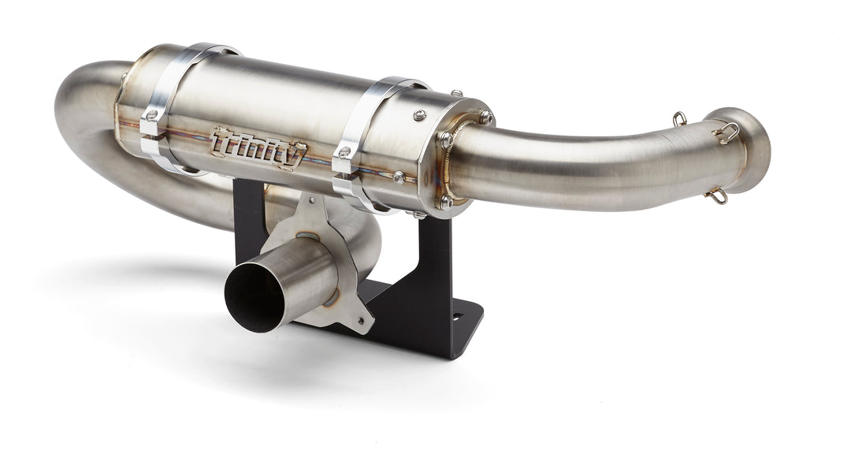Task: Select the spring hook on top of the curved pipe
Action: point(679,120)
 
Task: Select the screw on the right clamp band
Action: point(344,151)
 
